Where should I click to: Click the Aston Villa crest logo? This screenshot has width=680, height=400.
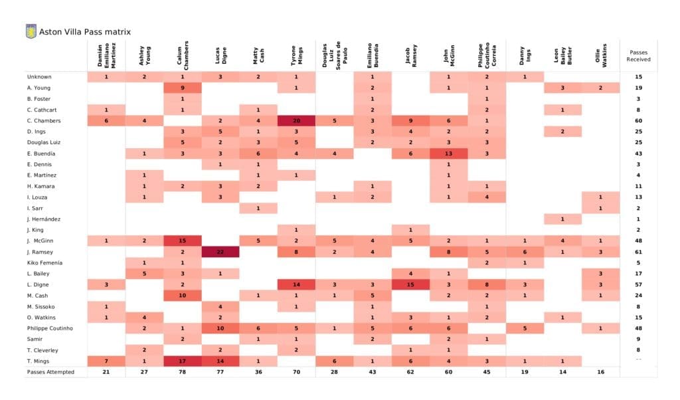(x=31, y=31)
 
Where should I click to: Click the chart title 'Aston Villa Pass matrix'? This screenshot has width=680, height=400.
(x=84, y=31)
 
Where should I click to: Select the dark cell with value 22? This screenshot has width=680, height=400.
(x=220, y=252)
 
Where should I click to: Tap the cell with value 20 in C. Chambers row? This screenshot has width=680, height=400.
(x=296, y=120)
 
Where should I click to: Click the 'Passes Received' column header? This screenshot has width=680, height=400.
(x=638, y=55)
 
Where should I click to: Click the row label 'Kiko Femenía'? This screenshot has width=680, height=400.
(x=46, y=262)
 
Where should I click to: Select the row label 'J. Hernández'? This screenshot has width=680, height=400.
(x=45, y=219)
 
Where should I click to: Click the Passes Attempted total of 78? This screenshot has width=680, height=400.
(x=182, y=372)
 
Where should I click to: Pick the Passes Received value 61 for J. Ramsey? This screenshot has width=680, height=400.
(x=638, y=252)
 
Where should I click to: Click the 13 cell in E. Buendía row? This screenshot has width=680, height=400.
(x=449, y=153)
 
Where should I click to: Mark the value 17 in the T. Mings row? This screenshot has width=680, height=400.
(x=182, y=361)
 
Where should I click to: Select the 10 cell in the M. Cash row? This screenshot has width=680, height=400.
(x=182, y=296)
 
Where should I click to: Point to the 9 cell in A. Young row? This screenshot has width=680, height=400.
(x=182, y=88)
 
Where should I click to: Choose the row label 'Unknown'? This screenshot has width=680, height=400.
(x=39, y=76)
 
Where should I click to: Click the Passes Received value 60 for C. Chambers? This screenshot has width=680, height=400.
(x=638, y=120)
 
